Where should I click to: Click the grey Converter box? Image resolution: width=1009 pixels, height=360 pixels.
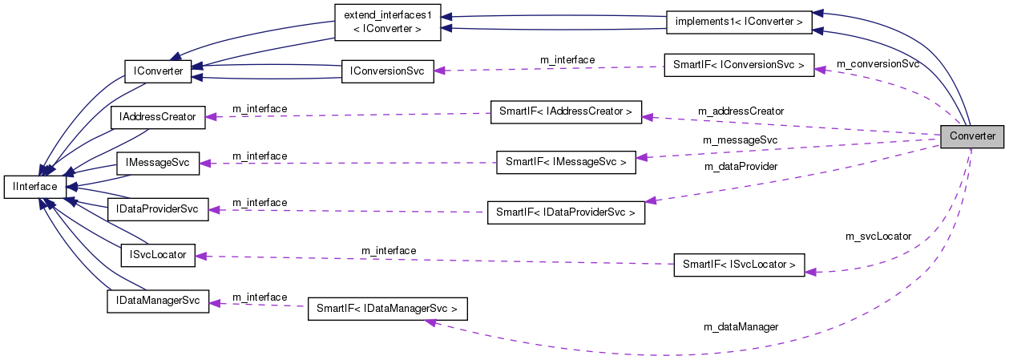[972, 136]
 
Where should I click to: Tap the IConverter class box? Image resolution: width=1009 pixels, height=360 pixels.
[155, 72]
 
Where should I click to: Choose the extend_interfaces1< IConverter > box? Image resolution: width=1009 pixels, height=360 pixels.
[388, 22]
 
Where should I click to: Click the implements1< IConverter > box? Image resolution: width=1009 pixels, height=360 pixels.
[738, 22]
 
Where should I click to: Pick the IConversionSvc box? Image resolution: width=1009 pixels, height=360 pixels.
[387, 71]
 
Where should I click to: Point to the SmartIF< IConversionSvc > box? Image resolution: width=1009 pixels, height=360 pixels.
[739, 64]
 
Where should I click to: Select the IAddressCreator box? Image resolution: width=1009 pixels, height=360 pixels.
[157, 117]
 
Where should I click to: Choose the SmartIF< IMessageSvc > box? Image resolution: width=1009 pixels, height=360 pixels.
[566, 162]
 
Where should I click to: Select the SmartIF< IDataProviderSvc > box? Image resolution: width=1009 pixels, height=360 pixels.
[566, 212]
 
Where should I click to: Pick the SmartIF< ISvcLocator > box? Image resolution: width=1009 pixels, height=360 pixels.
[739, 264]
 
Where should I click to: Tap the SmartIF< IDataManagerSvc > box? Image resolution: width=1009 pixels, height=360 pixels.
[387, 309]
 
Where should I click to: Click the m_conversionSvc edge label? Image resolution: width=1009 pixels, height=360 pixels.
[878, 63]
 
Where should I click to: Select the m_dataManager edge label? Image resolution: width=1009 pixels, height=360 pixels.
[741, 327]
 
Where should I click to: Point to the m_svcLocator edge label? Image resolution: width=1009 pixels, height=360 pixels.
[878, 237]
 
